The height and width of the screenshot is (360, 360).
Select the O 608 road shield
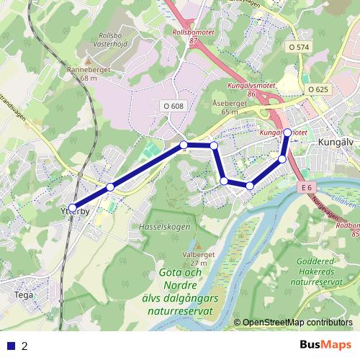[174, 106]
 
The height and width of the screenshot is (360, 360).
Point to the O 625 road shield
[318, 89]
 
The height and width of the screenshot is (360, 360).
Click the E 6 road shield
[307, 188]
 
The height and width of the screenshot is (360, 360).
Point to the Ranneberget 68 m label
[88, 73]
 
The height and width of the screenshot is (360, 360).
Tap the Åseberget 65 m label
[229, 107]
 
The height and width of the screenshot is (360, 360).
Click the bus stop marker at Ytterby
[73, 208]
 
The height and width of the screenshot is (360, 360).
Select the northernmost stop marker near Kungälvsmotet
[287, 132]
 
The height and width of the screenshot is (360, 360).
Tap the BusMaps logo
[325, 345]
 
